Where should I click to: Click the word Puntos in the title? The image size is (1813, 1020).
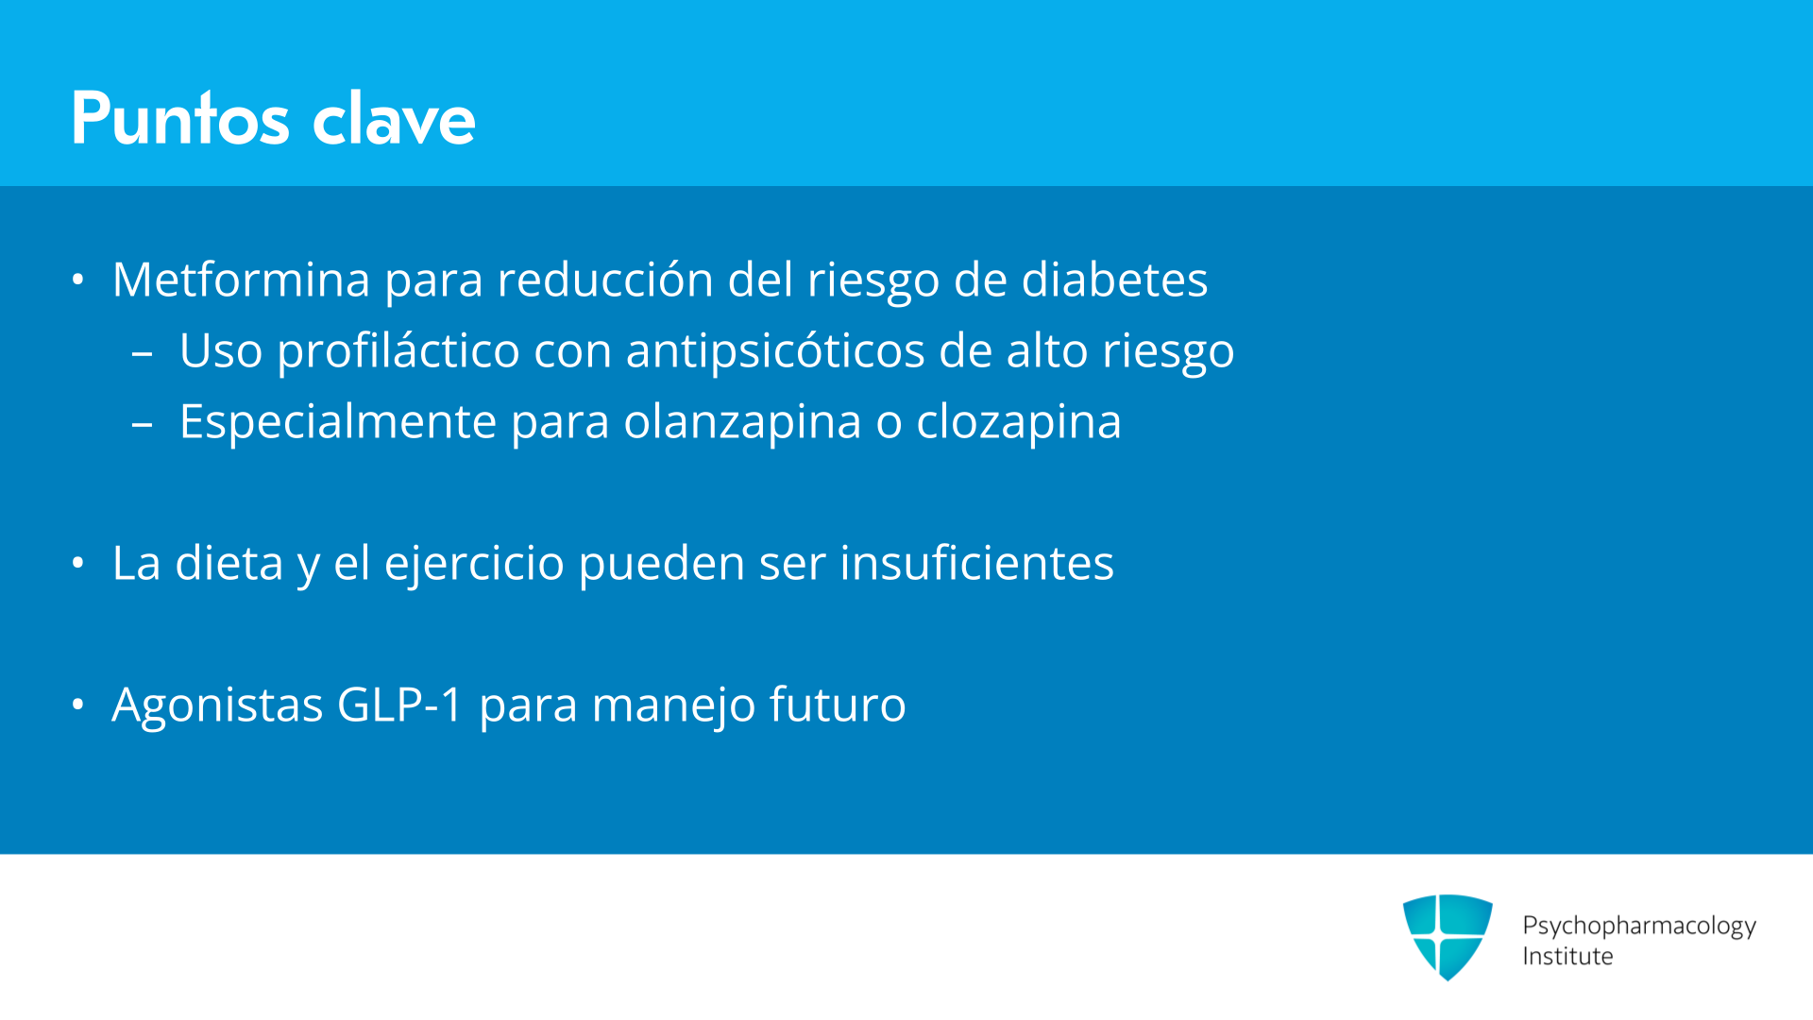click(x=180, y=118)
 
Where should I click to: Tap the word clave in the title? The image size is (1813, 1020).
click(x=394, y=118)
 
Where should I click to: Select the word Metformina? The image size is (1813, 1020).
click(x=241, y=280)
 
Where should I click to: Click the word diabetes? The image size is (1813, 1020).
click(x=1114, y=280)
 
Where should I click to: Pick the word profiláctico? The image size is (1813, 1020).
click(x=398, y=351)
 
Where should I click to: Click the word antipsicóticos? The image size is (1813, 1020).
click(x=775, y=351)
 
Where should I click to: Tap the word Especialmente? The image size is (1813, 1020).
click(x=338, y=422)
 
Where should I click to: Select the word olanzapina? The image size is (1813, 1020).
click(x=742, y=422)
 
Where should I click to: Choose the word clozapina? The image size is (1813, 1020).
click(x=1019, y=422)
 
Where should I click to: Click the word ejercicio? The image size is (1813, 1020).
click(x=474, y=564)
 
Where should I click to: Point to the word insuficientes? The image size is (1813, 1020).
click(x=976, y=563)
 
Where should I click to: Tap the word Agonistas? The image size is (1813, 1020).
click(x=217, y=705)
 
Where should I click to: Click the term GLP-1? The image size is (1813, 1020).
click(x=399, y=705)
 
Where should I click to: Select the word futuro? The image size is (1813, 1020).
click(x=838, y=705)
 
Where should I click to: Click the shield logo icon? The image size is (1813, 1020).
click(x=1448, y=937)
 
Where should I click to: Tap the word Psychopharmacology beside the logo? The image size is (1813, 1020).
click(x=1639, y=926)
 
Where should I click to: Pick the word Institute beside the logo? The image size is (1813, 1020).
click(x=1567, y=956)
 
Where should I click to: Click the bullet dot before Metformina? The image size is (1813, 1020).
click(x=78, y=280)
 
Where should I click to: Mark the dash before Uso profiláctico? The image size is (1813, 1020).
click(x=143, y=354)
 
